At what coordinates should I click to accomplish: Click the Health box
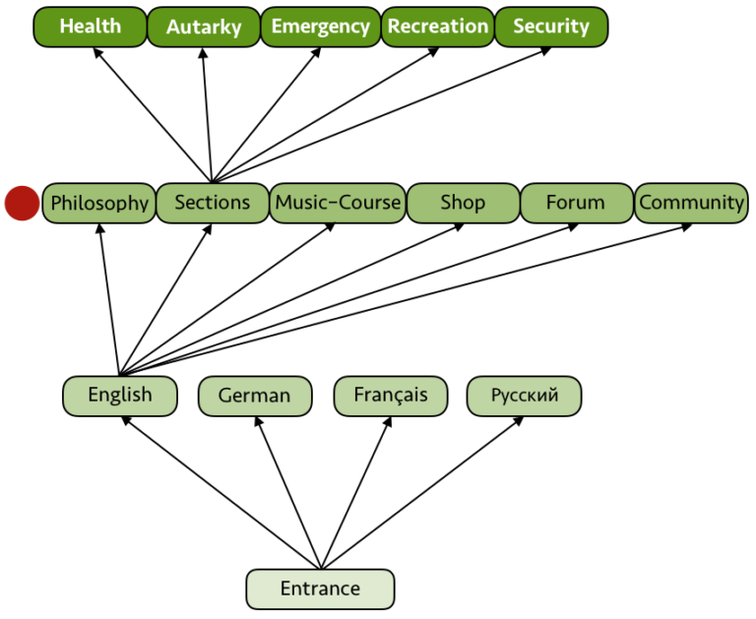[x=90, y=27]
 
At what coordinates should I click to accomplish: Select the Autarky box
[x=203, y=27]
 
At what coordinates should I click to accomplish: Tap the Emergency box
[x=320, y=27]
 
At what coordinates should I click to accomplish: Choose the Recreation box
[x=437, y=27]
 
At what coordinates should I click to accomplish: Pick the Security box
[x=550, y=27]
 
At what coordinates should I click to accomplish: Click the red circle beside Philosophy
[x=22, y=203]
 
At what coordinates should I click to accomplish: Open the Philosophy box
[x=99, y=203]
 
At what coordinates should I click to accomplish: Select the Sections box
[x=213, y=203]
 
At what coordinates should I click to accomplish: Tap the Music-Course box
[x=338, y=203]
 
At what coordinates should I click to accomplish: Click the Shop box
[x=463, y=203]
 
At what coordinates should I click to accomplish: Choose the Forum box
[x=576, y=203]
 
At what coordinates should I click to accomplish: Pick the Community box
[x=691, y=203]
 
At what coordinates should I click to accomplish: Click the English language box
[x=120, y=395]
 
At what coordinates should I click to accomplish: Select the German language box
[x=254, y=396]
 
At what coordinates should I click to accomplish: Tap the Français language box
[x=391, y=395]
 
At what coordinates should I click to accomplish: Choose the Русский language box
[x=524, y=396]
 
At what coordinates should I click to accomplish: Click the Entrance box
[x=320, y=588]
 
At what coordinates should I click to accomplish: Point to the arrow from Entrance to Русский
[x=423, y=492]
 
